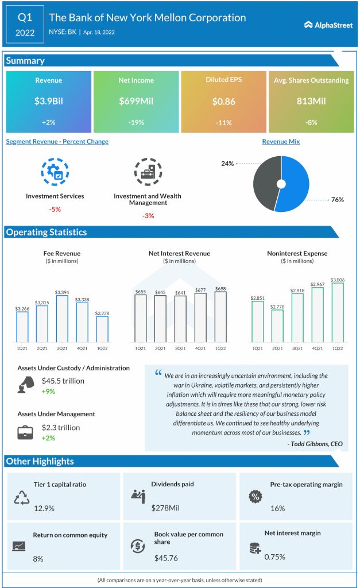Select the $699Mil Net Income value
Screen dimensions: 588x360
[x=136, y=101]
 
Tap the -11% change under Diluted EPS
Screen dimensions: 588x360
[x=223, y=123]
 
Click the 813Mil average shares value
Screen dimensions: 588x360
[x=311, y=101]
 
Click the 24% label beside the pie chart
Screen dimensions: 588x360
[x=227, y=164]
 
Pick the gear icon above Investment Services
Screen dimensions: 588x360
[x=55, y=172]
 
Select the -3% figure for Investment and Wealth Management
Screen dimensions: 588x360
[x=147, y=216]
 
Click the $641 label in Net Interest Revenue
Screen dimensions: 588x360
[x=180, y=292]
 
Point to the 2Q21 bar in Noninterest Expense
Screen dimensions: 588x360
[x=277, y=326]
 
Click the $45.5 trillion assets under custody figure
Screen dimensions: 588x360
[x=63, y=381]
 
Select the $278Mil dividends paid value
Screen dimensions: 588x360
[x=166, y=508]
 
